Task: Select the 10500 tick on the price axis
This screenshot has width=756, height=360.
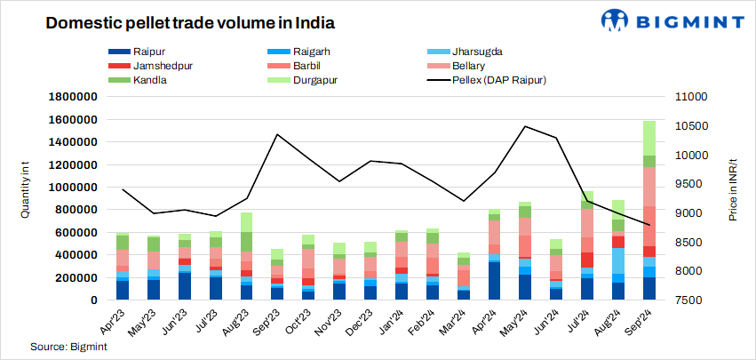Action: [x=688, y=126]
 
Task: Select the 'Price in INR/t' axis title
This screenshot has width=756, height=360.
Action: [x=736, y=197]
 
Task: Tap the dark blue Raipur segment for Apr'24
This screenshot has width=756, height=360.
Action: [x=493, y=280]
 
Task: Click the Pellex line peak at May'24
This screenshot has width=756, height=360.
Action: [x=525, y=126]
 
